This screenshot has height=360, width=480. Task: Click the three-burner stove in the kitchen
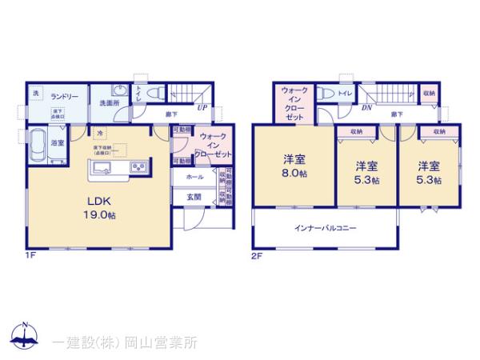138,166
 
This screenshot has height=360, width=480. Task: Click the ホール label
194,176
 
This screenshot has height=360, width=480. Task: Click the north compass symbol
26,336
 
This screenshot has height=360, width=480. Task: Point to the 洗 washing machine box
36,94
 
